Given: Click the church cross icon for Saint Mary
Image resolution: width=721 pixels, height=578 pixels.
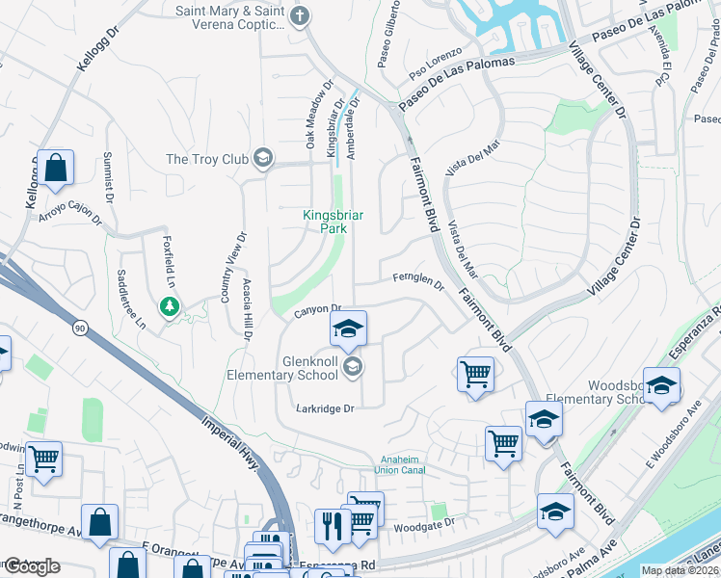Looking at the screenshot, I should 302,15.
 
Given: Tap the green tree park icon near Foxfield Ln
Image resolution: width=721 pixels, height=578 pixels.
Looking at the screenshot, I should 171,306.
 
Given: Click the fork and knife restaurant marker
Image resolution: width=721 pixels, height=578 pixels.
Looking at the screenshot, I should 330,526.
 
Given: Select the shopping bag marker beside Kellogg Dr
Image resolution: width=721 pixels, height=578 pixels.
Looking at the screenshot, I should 57,167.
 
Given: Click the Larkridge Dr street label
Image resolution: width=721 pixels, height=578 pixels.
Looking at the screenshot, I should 326,408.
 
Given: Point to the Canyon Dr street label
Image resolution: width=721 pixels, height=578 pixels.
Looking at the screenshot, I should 313,309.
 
